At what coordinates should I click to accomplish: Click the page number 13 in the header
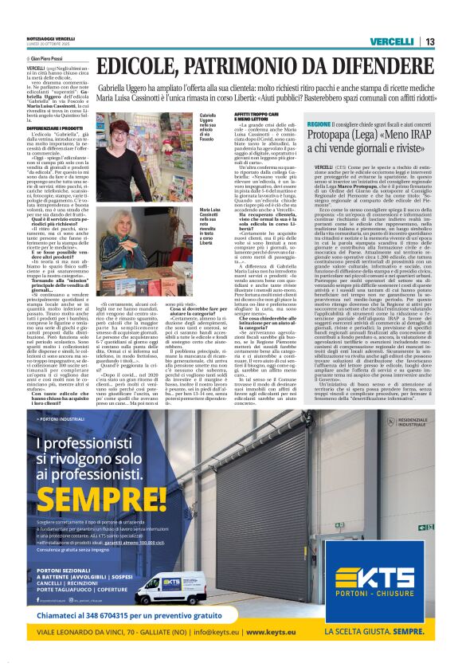[429, 41]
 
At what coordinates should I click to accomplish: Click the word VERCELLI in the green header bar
[390, 41]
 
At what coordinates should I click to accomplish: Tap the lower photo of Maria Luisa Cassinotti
[147, 249]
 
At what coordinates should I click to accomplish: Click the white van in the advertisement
[177, 588]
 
